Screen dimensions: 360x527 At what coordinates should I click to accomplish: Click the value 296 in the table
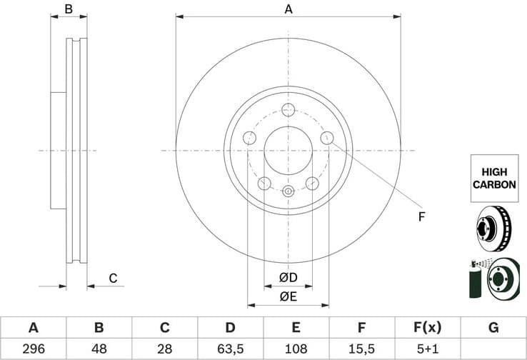[33, 349]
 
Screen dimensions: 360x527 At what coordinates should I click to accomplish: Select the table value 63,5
[230, 349]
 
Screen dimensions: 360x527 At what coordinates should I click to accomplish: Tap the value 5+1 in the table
[428, 349]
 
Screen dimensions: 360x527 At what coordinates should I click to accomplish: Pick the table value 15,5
[362, 349]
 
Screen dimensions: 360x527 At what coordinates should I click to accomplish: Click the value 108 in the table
[296, 349]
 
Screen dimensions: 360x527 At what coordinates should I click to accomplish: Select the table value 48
[99, 349]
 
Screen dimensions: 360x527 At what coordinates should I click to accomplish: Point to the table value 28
[164, 349]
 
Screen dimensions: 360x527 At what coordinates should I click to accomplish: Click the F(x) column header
[428, 328]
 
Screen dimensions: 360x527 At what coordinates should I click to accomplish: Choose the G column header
[493, 328]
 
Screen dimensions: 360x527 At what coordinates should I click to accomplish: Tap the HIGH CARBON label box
[493, 179]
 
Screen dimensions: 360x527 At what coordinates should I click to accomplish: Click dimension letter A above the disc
[288, 9]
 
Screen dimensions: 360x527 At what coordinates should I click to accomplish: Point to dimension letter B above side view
[69, 9]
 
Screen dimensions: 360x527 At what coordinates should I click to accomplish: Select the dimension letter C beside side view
[112, 279]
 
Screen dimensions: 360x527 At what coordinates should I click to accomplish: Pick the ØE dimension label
[288, 296]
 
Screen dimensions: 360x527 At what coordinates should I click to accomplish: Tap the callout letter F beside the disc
[421, 216]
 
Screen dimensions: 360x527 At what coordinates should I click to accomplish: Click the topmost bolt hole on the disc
[288, 109]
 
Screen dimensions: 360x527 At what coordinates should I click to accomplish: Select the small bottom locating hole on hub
[288, 191]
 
